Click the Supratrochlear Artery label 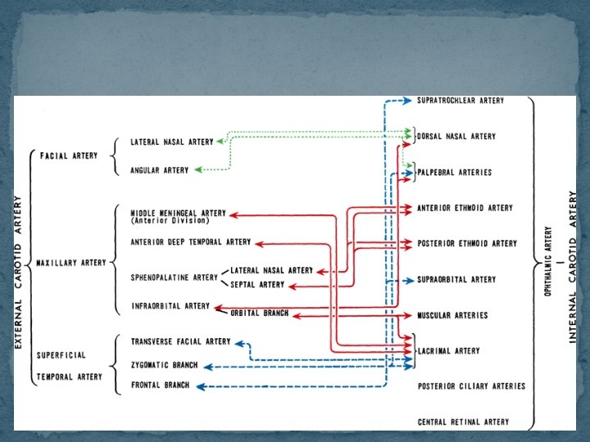tap(461, 101)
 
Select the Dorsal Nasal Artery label tap(456, 137)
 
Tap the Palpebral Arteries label tap(455, 173)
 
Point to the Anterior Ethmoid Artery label tap(465, 208)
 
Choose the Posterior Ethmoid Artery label tap(467, 243)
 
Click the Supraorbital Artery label tap(456, 280)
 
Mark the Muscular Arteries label tap(452, 315)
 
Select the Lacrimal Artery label tap(449, 351)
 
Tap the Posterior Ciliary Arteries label tap(471, 386)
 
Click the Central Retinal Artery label tap(463, 422)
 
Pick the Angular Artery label tap(159, 170)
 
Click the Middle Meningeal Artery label tap(178, 213)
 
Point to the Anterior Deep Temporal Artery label tap(191, 242)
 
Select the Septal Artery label tap(257, 285)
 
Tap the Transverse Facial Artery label tap(180, 341)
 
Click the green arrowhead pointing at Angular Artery tap(197, 170)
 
